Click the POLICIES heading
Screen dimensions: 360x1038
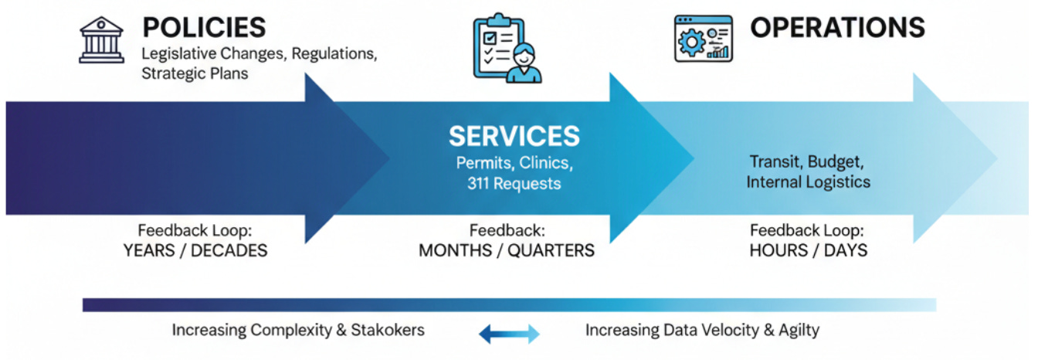click(204, 27)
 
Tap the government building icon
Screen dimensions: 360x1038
click(102, 40)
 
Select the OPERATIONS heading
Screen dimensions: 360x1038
click(837, 27)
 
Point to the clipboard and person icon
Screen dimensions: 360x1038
click(507, 47)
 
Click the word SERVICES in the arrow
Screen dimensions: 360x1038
click(514, 137)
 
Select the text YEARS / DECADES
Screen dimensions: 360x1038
click(195, 250)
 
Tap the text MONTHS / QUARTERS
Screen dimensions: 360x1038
click(507, 250)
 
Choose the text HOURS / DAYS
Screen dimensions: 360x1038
click(808, 250)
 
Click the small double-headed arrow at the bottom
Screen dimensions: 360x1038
click(509, 334)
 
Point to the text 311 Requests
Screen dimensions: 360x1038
click(514, 184)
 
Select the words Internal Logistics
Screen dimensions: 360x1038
click(808, 182)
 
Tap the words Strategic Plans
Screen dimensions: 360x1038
click(195, 75)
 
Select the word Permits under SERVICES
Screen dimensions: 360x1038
click(484, 164)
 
